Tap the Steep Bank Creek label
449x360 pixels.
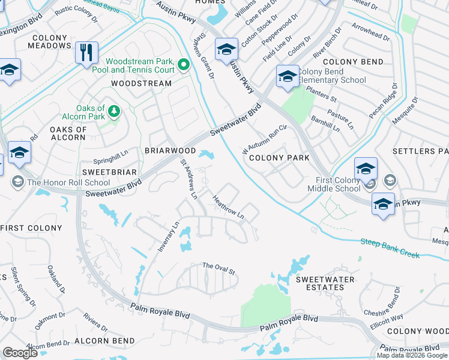(390, 248)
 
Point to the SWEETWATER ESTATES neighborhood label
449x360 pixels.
(325, 284)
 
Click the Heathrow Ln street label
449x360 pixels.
(229, 206)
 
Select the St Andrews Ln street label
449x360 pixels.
(188, 178)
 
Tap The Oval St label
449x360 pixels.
(218, 268)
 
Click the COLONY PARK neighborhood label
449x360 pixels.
(279, 158)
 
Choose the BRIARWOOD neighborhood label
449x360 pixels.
(170, 151)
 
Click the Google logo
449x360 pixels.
(20, 353)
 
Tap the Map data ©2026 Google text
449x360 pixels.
(412, 355)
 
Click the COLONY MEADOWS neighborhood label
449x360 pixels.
(50, 42)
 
